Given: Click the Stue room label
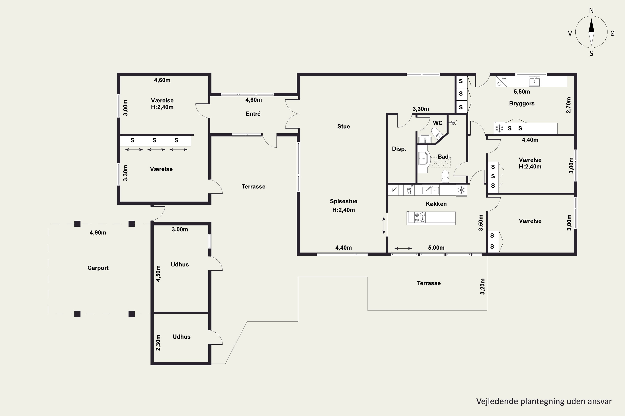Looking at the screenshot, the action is [x=343, y=126].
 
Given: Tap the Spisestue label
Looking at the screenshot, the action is [x=344, y=201].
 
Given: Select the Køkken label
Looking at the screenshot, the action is [x=436, y=204].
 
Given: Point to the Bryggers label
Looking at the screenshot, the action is [x=522, y=103].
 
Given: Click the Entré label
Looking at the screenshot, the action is [x=253, y=114].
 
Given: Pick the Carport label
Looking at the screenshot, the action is [x=98, y=268].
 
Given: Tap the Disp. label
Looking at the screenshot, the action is [x=399, y=149].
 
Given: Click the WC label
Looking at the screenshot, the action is [x=438, y=123].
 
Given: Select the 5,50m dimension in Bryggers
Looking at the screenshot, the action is [x=522, y=92].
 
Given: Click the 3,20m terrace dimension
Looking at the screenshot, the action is [x=482, y=287].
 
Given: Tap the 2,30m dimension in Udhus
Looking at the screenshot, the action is [x=158, y=343].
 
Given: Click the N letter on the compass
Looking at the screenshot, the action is [x=591, y=10].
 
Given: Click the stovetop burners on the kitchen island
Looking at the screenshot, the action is [x=420, y=218].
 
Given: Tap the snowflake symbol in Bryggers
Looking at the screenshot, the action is [x=500, y=128].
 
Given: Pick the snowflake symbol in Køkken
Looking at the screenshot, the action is [x=461, y=190].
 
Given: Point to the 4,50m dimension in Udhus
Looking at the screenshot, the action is [x=158, y=273].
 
